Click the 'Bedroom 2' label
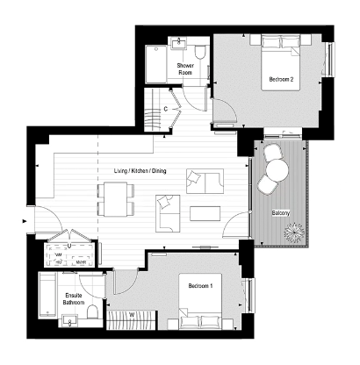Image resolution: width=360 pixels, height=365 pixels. click(281, 81)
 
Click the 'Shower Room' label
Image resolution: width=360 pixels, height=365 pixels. click(184, 69)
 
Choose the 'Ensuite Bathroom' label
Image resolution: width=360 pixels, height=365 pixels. click(75, 300)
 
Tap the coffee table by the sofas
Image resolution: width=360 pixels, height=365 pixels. click(205, 213)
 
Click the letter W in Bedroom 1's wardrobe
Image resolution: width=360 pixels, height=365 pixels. click(131, 314)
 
